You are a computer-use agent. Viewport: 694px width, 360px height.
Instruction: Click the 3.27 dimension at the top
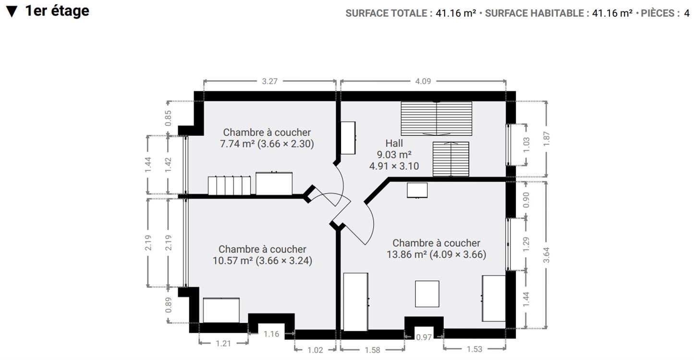269,82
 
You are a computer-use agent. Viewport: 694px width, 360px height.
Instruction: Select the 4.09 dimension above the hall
423,82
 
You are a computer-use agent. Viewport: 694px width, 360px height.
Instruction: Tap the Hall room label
394,143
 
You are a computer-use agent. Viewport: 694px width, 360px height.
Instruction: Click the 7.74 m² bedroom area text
237,144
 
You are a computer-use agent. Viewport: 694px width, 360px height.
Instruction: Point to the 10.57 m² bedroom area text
232,261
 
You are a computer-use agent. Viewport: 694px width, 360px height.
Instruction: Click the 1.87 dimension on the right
546,139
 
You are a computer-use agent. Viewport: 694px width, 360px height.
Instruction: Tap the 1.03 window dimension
526,145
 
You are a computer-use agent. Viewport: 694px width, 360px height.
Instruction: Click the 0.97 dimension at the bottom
424,337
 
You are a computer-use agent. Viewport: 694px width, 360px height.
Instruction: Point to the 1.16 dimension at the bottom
271,334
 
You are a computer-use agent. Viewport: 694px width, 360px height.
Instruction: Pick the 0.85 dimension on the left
168,118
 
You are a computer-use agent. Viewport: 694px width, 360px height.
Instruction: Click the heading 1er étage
57,11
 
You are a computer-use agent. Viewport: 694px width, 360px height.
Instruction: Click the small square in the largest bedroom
427,294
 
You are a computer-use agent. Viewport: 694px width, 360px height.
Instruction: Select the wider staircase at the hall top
436,119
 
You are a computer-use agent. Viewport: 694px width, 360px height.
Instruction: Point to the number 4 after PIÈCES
687,13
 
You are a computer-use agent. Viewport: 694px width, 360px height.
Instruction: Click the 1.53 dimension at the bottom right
474,349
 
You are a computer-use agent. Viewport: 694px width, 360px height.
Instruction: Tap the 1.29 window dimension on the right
526,243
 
